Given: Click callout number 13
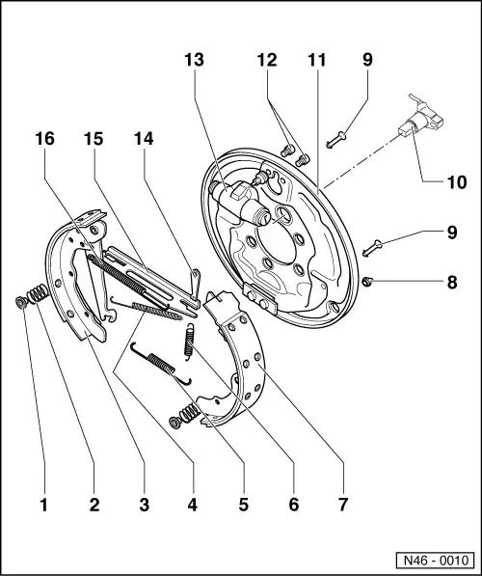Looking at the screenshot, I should pos(194,60).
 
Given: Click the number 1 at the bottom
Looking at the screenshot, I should pos(43,504).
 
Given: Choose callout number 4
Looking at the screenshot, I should pos(193,504).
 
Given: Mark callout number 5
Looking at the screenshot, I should pos(243,504).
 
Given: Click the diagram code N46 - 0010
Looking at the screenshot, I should pos(434,560).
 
